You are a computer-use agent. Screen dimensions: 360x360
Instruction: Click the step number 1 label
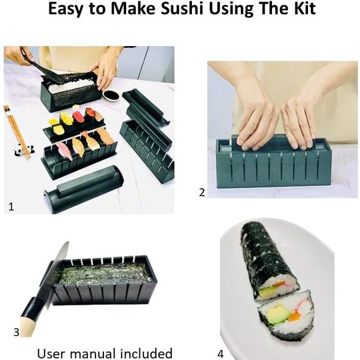(11, 207)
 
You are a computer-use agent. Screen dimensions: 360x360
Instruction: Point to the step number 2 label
(201, 192)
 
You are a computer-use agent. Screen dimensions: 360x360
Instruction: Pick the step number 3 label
(16, 332)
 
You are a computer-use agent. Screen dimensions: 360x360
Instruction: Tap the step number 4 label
(220, 354)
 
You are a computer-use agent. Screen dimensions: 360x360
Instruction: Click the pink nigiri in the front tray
(64, 151)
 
